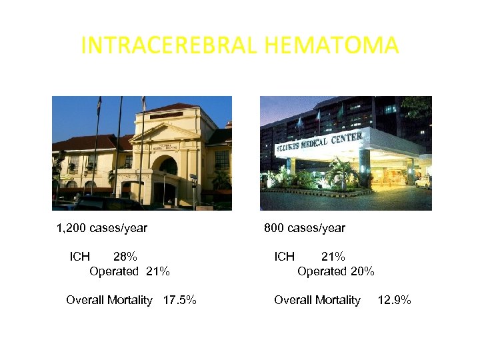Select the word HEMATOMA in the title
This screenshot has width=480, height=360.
click(x=331, y=45)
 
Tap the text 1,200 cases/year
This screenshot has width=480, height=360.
click(x=102, y=228)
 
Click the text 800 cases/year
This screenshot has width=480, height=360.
click(x=305, y=228)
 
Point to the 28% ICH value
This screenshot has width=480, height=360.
click(x=125, y=256)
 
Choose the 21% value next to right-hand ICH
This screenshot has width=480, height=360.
click(x=333, y=256)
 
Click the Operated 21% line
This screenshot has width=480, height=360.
click(x=129, y=271)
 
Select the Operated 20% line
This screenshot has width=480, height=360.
click(x=336, y=271)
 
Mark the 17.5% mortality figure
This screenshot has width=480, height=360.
click(x=180, y=300)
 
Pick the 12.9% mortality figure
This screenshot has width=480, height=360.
click(x=395, y=300)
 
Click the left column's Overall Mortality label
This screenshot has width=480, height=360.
click(x=109, y=300)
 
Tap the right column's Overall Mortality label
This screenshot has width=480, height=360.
click(x=317, y=300)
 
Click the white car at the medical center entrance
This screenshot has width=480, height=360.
click(x=423, y=181)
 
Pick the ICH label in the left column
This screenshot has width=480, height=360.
click(x=80, y=256)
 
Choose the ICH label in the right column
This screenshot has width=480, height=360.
click(x=285, y=256)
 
